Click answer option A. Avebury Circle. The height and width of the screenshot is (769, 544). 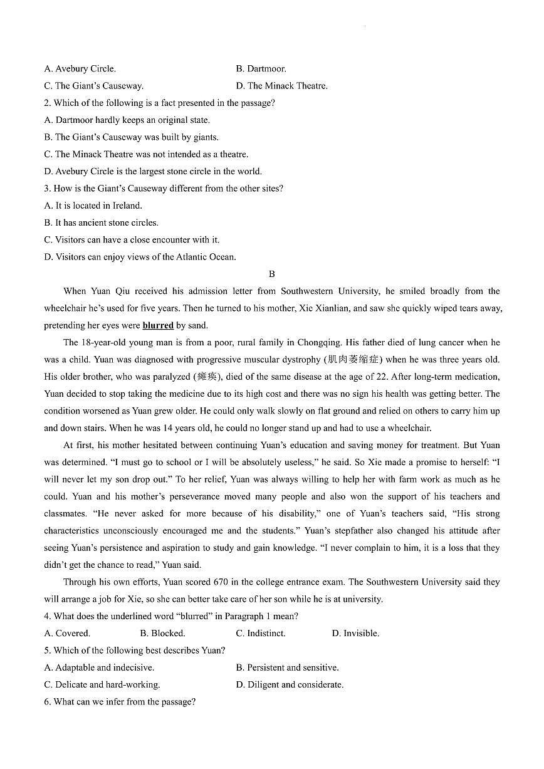pos(80,69)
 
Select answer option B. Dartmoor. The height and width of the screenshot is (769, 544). pos(261,69)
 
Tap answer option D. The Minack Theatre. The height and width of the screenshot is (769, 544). pos(281,86)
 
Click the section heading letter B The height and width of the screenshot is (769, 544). pos(271,274)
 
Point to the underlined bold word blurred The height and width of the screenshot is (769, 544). pos(158,325)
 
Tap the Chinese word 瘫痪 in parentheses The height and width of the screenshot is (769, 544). pos(207,377)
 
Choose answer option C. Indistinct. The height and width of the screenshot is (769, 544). pos(260,634)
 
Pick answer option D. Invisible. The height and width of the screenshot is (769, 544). pos(355,634)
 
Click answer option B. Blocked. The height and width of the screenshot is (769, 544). pos(162,634)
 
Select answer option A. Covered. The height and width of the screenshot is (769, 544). pos(67,634)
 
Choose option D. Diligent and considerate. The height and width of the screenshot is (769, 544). pos(290,685)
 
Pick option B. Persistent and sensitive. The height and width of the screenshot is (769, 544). pos(287,668)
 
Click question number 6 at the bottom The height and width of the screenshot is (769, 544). pos(48,702)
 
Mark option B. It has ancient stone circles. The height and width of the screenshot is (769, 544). pos(101,222)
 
